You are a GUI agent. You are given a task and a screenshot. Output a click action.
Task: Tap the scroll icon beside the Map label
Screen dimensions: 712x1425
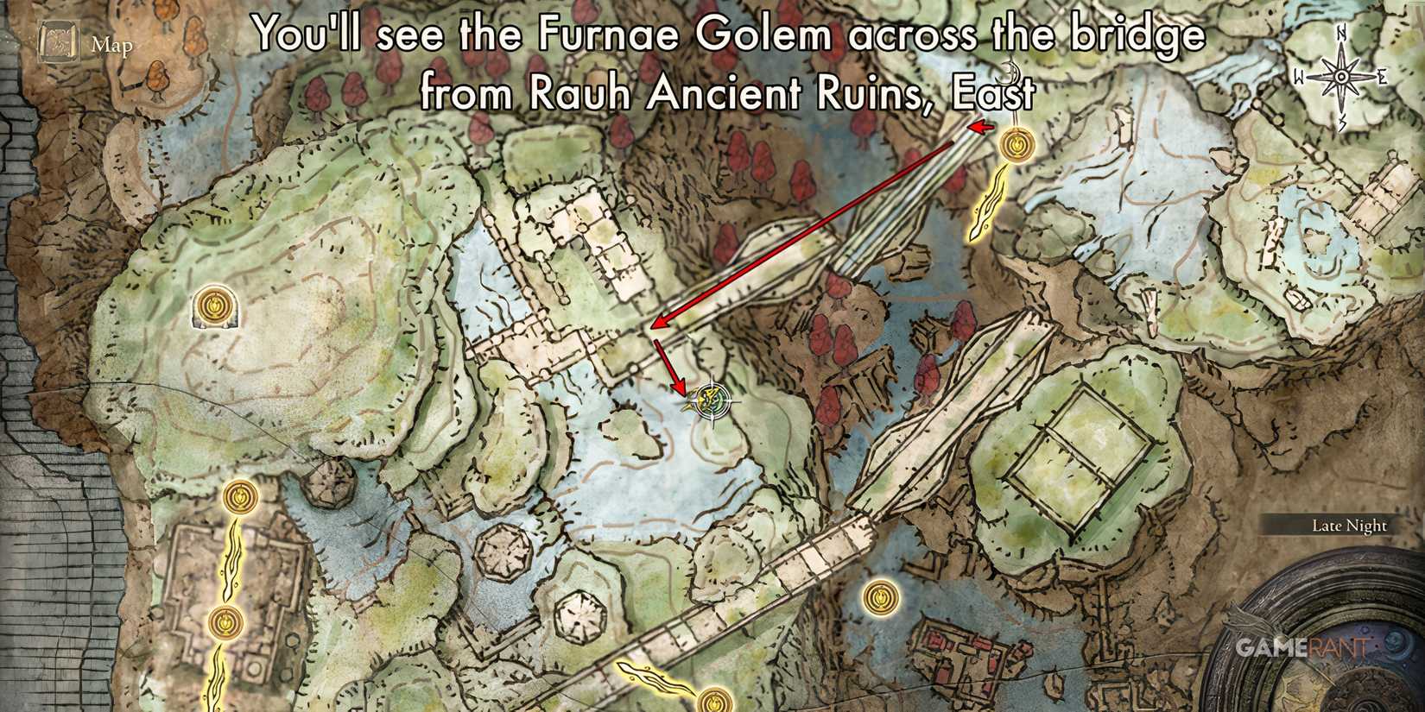click(x=59, y=44)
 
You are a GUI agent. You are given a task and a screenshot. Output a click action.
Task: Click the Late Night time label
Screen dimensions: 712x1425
click(x=1349, y=525)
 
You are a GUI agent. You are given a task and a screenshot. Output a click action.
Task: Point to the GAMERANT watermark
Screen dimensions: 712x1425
click(x=1302, y=647)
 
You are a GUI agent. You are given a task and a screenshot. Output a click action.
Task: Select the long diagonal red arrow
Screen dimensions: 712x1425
click(x=803, y=229)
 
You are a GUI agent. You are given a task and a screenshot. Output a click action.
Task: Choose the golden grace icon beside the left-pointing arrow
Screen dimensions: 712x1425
click(x=1016, y=143)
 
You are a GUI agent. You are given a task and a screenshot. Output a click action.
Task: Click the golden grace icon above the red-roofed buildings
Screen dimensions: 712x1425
click(x=879, y=595)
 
